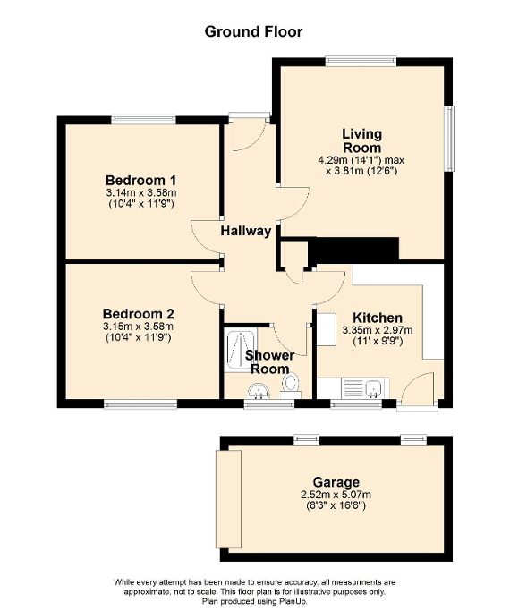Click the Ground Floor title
point(254,31)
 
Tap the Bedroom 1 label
point(139,179)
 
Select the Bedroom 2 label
point(139,314)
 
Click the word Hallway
point(247,231)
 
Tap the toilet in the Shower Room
point(290,384)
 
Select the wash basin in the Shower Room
point(259,390)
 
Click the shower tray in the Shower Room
point(241,350)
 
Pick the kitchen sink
point(373,388)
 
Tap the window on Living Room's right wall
point(450,138)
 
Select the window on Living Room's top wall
point(361,61)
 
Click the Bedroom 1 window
point(144,119)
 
